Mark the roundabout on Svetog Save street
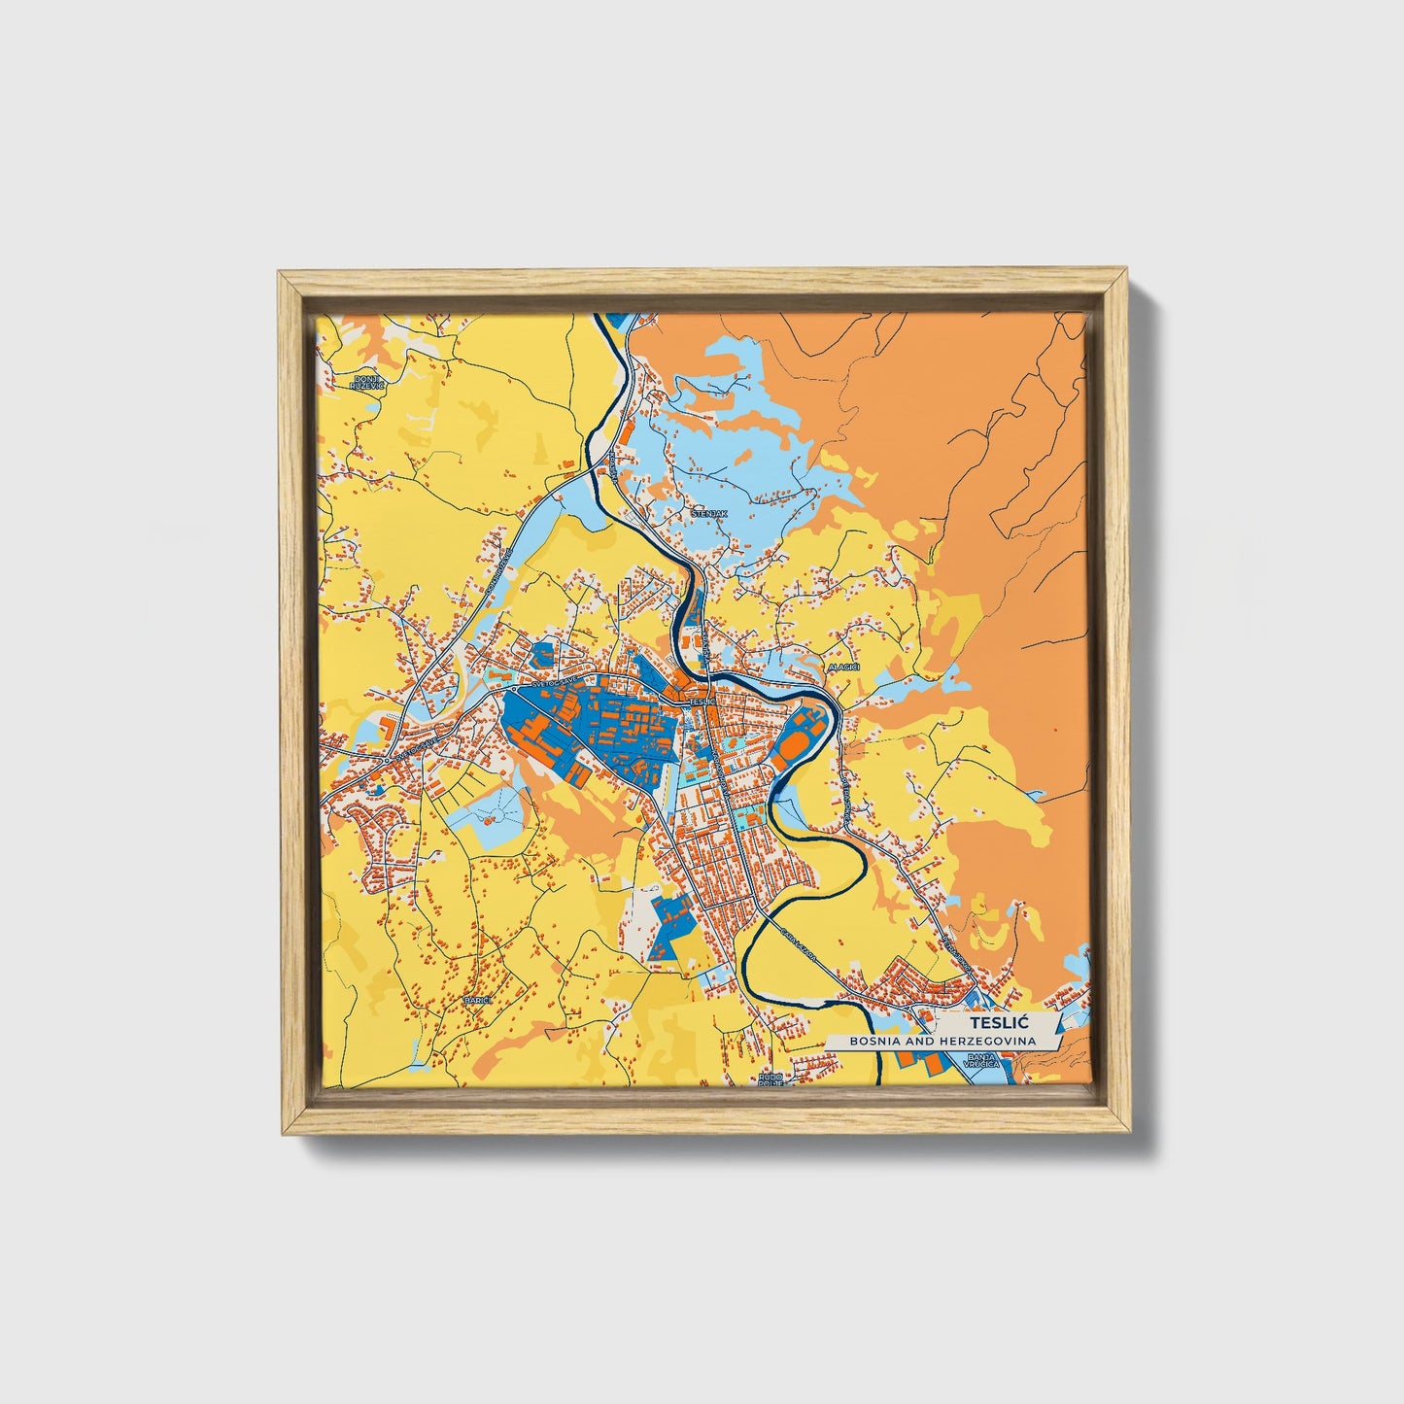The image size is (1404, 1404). [387, 759]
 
